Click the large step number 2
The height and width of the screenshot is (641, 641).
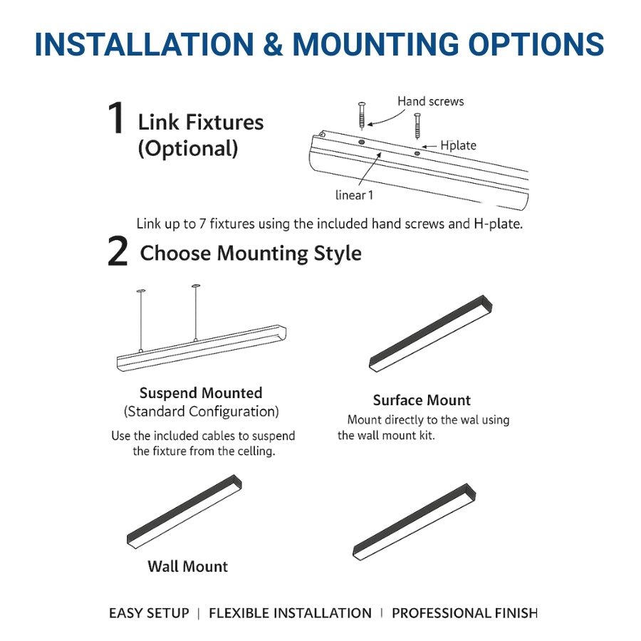118,253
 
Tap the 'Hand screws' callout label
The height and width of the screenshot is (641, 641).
430,102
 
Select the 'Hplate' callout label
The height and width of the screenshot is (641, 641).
458,145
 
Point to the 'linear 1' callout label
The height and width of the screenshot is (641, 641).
354,195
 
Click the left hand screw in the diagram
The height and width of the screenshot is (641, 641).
362,115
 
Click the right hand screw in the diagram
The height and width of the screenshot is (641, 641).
417,125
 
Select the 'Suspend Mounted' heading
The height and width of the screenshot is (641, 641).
201,393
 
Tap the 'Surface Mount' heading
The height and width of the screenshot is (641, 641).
422,400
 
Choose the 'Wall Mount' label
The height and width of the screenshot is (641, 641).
188,567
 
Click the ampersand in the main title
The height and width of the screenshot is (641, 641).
272,44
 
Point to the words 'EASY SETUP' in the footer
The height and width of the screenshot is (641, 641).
149,613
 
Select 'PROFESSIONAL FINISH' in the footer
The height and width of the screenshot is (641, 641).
464,613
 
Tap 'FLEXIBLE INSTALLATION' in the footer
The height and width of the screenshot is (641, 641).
290,613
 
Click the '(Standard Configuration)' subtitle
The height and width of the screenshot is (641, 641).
202,412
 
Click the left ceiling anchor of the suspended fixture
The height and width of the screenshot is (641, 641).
140,291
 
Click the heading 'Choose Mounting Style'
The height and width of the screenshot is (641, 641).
251,254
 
